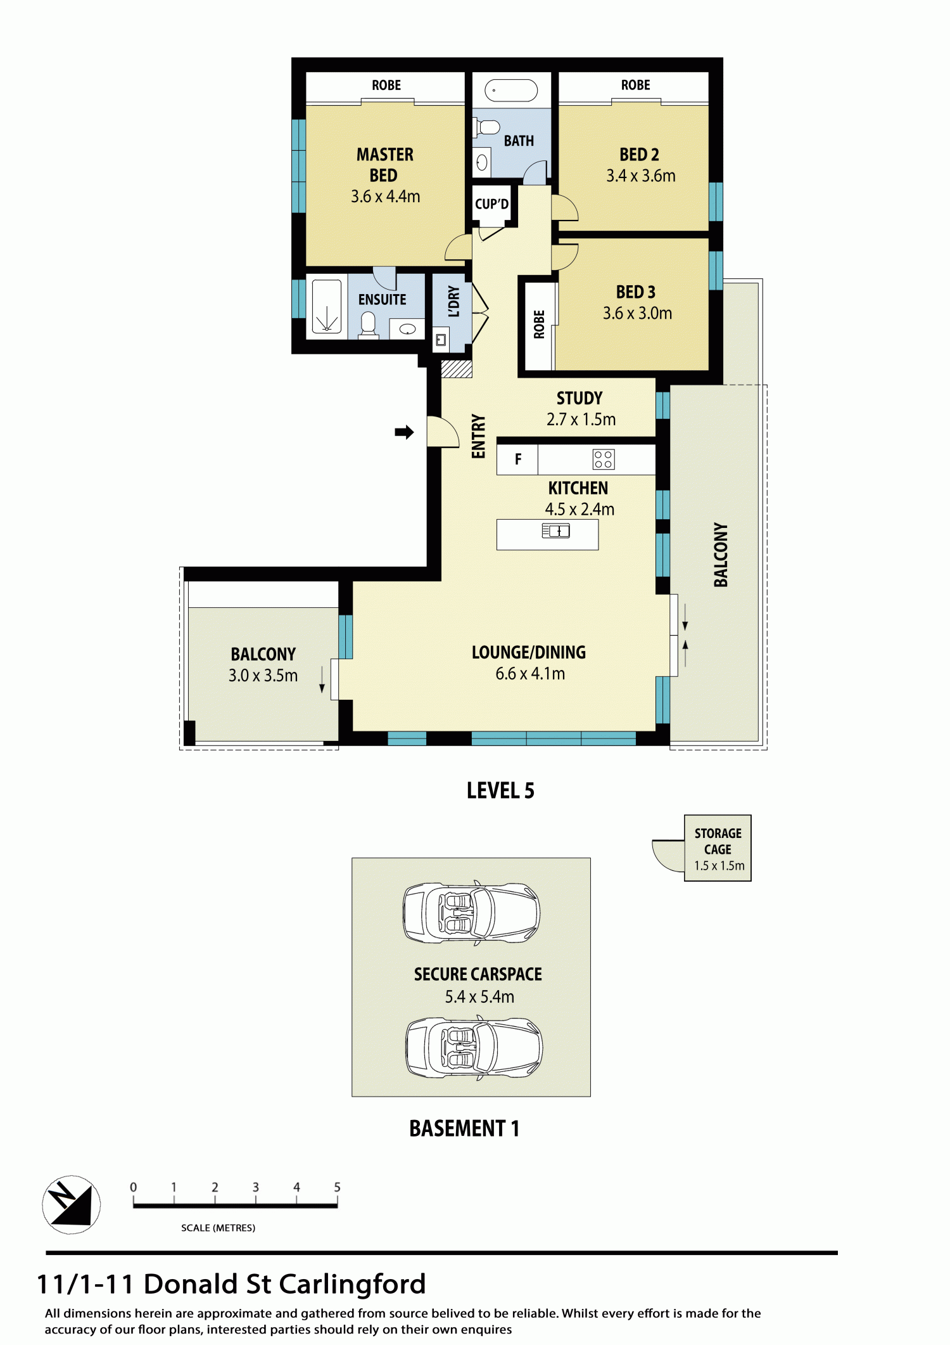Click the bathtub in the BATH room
(x=511, y=91)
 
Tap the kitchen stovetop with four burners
(x=604, y=460)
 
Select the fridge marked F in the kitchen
(x=517, y=460)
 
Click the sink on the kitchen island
(x=556, y=531)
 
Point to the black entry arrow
(x=404, y=432)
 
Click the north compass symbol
(x=72, y=1204)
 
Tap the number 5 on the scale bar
(x=337, y=1187)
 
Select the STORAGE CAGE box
(x=718, y=848)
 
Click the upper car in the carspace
(x=472, y=913)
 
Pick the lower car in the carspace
(x=474, y=1048)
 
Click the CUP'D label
(x=492, y=204)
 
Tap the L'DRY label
(x=453, y=301)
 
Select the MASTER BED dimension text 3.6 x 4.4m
(x=386, y=196)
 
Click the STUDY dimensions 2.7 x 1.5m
(x=581, y=420)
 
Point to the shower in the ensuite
(x=327, y=307)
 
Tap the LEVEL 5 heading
(x=500, y=790)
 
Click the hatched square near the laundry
(x=457, y=369)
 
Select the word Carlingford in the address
(x=352, y=1285)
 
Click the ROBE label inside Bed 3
(x=539, y=325)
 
